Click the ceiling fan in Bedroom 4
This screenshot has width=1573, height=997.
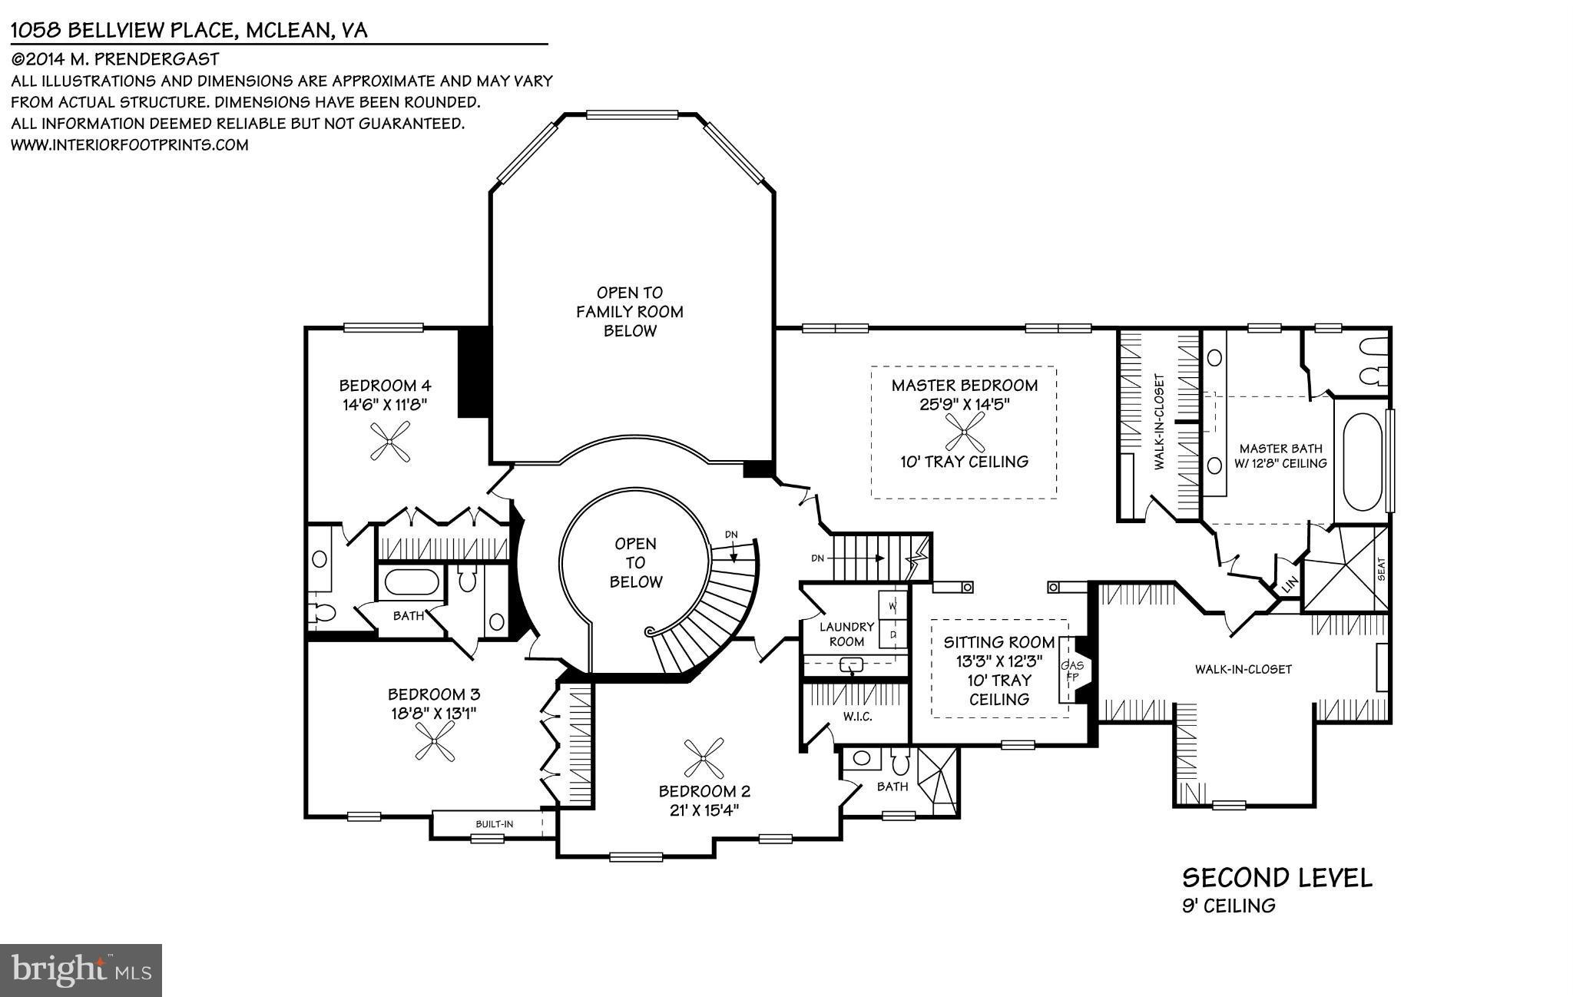(391, 444)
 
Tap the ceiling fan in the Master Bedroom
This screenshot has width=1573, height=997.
(965, 432)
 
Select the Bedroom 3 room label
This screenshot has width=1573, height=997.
(434, 694)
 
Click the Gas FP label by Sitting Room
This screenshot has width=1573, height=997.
(1071, 671)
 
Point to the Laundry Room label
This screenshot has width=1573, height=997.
(846, 634)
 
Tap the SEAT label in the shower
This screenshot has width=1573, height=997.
(1381, 568)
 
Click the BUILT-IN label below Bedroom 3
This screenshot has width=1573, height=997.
(494, 823)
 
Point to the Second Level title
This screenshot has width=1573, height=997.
(1277, 878)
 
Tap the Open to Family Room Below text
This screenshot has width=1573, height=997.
(630, 312)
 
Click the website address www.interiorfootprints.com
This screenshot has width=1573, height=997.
(129, 144)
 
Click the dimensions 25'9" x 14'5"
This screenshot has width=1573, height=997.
(964, 405)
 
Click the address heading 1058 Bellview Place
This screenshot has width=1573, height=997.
(189, 31)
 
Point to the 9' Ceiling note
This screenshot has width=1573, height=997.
(1228, 906)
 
